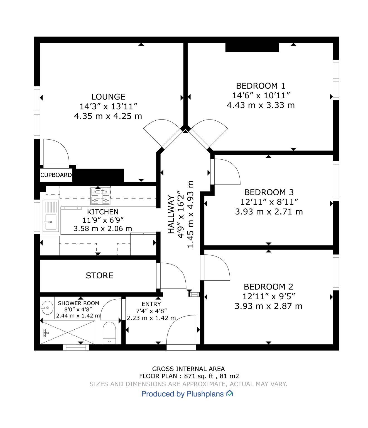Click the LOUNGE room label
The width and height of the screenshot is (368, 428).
(x=108, y=97)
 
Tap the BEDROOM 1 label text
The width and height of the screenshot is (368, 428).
(x=261, y=86)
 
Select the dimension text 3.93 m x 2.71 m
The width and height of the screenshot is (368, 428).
(x=269, y=212)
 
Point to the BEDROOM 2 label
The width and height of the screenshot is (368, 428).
(x=268, y=287)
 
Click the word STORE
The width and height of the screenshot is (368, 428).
(x=99, y=276)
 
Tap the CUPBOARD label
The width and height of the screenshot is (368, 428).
(x=56, y=175)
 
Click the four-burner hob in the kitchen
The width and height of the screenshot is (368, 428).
(x=100, y=196)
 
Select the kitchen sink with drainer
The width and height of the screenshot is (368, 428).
(x=51, y=216)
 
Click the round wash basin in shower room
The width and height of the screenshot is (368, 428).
(x=47, y=308)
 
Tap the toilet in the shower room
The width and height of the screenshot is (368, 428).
(x=109, y=333)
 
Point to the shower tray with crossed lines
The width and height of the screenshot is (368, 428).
(x=68, y=332)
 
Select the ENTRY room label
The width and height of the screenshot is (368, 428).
(x=151, y=304)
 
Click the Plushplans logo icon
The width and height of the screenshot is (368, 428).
(x=230, y=393)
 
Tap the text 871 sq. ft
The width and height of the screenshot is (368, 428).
(x=197, y=376)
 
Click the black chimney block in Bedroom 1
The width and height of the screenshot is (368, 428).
(x=252, y=47)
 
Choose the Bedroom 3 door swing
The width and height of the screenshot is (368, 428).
(x=225, y=171)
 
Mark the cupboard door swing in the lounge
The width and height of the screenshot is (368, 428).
(x=56, y=152)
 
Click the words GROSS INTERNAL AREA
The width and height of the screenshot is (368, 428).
(x=188, y=369)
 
